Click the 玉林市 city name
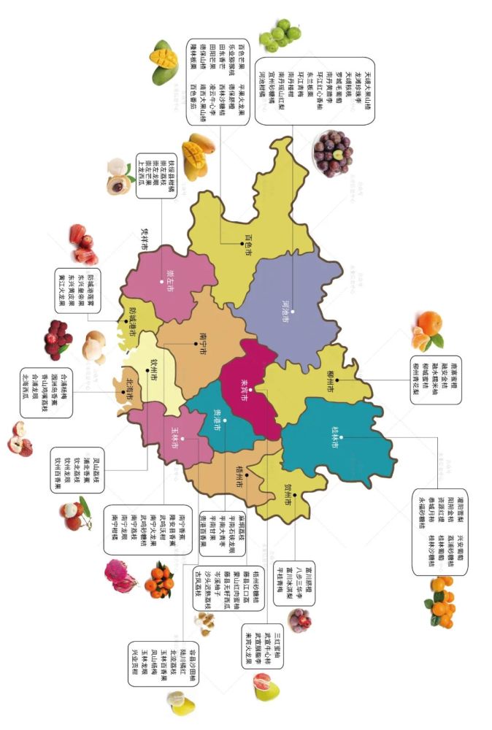pyautogui.click(x=173, y=439)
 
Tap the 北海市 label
pyautogui.click(x=128, y=391)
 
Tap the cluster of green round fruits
pyautogui.click(x=280, y=34)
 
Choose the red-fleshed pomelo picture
pyautogui.click(x=262, y=686)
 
